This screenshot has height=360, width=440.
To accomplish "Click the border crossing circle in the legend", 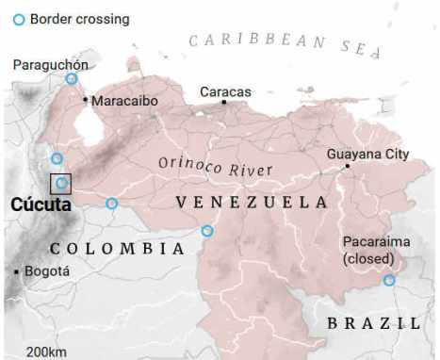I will (x=19, y=19).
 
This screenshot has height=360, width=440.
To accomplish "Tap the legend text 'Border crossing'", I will (x=79, y=19).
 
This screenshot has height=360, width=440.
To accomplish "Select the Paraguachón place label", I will (x=51, y=64).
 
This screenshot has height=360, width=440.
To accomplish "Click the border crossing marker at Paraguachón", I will (x=71, y=79).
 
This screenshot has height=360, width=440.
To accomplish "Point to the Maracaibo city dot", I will (x=86, y=99).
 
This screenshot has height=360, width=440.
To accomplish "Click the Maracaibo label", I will (x=124, y=100).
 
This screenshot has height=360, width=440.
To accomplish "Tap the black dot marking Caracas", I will (x=224, y=102).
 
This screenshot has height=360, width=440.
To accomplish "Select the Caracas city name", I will (x=225, y=91).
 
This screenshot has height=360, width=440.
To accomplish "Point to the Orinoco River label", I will (x=215, y=167).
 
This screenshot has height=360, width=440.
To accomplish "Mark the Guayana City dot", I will (x=347, y=166).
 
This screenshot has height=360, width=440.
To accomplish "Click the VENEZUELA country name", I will (x=252, y=203).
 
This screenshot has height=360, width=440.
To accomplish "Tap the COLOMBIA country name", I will (x=117, y=248).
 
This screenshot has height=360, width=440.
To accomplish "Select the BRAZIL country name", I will (x=373, y=322).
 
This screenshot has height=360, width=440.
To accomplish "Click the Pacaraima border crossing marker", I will (x=389, y=280).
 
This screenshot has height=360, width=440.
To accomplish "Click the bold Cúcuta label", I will (x=41, y=205).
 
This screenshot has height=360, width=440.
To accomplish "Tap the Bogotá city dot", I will (x=17, y=271).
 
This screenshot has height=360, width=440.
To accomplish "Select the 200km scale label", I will (x=46, y=352).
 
